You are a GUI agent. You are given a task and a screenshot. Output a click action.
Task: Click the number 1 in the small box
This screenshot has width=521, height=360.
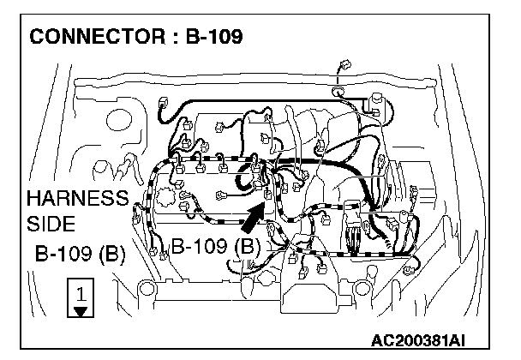tap(80, 293)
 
